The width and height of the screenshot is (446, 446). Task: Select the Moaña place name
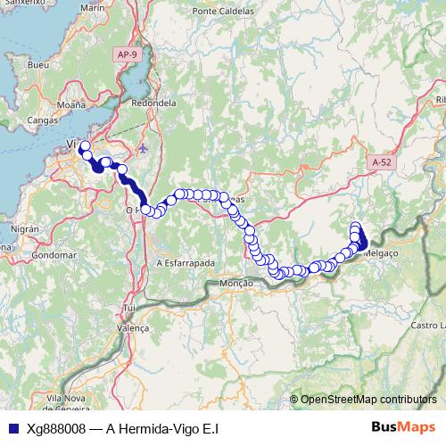click(x=70, y=104)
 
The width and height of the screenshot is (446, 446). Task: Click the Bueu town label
click(x=38, y=66)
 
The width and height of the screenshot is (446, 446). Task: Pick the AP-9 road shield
click(x=128, y=54)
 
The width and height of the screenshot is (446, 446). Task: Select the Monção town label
click(x=236, y=282)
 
